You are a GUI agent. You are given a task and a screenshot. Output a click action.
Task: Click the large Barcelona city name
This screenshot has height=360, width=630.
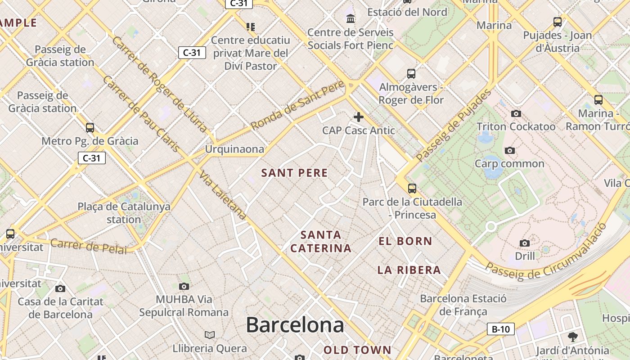295,325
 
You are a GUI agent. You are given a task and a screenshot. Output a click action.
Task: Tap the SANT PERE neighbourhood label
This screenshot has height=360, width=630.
295,173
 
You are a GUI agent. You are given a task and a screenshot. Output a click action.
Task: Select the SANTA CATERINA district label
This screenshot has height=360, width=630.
321,242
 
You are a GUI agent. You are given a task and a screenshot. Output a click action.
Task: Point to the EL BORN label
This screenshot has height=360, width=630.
405,241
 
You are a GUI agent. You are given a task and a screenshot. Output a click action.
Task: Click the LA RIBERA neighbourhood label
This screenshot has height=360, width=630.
409,270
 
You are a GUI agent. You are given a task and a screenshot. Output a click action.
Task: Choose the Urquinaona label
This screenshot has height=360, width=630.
234,149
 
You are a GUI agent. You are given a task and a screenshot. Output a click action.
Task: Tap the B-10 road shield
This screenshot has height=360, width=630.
500,329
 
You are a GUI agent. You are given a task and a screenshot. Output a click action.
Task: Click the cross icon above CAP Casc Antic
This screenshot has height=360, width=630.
359,117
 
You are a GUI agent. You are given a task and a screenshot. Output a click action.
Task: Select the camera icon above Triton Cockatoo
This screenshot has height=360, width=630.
516,114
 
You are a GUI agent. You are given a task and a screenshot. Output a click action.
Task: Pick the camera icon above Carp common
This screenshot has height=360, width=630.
509,150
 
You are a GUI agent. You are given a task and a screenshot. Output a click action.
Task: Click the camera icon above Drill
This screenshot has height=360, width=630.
525,243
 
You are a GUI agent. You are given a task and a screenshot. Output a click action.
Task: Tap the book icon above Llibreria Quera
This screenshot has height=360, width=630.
210,335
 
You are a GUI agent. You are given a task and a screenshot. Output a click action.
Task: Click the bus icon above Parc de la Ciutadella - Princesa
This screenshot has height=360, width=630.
412,189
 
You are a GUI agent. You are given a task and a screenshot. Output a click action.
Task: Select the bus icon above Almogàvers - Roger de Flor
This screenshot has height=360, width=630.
411,74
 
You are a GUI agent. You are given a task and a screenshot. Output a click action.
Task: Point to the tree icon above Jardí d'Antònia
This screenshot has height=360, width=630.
572,337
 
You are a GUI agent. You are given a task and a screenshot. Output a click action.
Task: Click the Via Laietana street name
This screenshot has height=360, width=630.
223,196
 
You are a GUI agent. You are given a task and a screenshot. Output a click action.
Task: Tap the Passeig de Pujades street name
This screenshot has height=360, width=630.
454,126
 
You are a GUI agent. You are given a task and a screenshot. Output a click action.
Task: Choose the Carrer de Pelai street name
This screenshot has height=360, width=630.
88,246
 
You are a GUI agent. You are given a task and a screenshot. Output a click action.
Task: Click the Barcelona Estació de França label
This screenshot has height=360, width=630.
463,305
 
